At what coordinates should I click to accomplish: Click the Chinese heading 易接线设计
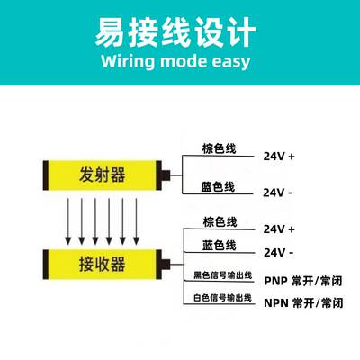175,31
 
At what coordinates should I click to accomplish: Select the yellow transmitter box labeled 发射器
103,175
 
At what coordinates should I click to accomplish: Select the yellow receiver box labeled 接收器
103,265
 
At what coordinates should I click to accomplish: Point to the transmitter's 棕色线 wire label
220,148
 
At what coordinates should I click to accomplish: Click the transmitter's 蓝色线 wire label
218,186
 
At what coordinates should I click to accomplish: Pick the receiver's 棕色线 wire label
220,222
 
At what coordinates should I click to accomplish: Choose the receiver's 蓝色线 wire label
220,245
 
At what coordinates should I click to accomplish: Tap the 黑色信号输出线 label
222,275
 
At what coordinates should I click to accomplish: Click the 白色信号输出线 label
222,298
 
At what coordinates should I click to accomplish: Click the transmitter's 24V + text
279,157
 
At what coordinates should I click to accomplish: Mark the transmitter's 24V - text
277,193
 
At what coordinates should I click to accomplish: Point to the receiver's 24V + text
279,229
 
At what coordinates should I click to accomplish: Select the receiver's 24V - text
278,253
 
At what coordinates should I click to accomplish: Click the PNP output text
303,281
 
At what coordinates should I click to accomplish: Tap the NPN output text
303,303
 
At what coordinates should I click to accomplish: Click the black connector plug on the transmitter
166,175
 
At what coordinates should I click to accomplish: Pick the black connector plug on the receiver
166,265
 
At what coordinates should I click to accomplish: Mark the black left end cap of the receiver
46,265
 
